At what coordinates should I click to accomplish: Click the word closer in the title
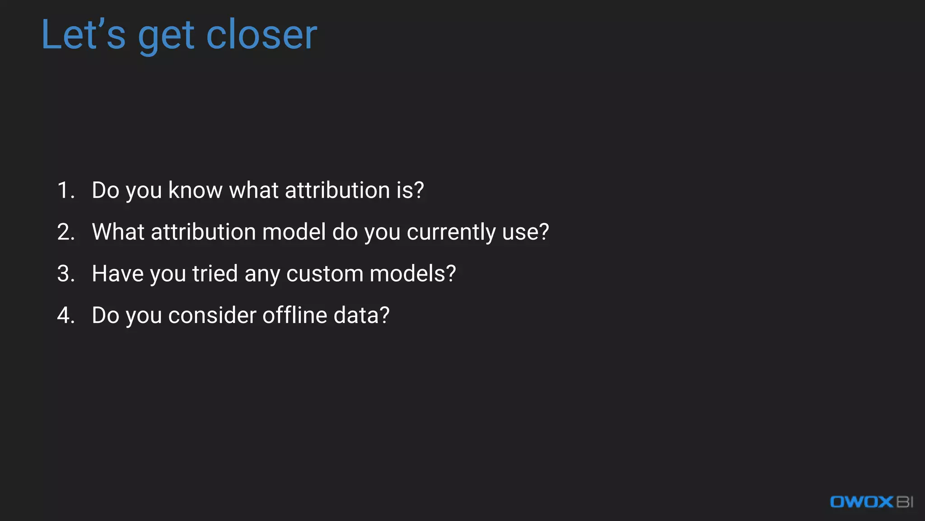(262, 35)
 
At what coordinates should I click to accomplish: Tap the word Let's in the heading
(84, 35)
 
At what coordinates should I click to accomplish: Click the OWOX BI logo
(871, 502)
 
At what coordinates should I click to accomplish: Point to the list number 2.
(66, 232)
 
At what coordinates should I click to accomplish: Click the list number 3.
(66, 274)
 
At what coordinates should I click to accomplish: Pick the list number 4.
(66, 315)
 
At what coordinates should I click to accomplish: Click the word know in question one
(195, 190)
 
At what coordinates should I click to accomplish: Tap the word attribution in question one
(337, 190)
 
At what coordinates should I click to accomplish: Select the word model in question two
(294, 232)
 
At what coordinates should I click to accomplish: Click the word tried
(215, 274)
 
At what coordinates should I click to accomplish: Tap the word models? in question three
(413, 274)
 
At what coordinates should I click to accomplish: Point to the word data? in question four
(361, 315)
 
